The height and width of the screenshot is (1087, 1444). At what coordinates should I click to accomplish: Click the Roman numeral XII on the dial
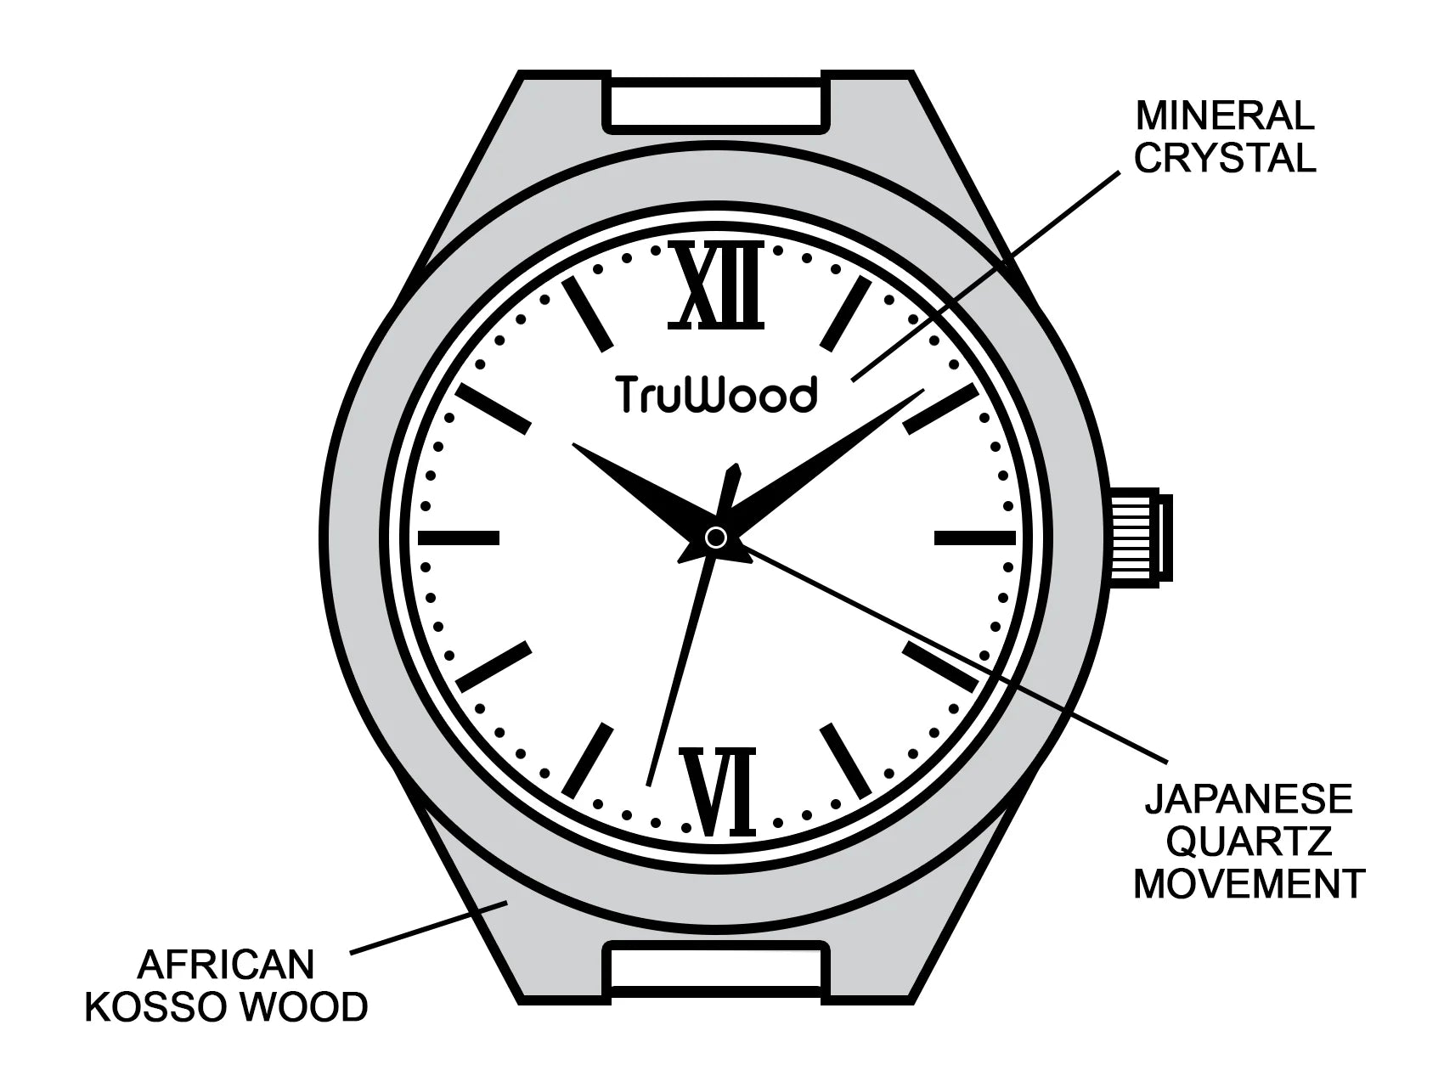point(716,285)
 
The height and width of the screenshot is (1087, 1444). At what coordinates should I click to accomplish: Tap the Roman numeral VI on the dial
point(723,791)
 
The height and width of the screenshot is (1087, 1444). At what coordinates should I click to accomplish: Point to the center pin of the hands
point(716,537)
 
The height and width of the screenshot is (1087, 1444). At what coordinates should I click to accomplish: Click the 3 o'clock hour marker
point(974,537)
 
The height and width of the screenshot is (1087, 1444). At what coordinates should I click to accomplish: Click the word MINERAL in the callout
point(1224,115)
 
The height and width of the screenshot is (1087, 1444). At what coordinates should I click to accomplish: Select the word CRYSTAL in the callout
point(1224,158)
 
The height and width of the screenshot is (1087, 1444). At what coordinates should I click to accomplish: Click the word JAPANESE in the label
point(1247,799)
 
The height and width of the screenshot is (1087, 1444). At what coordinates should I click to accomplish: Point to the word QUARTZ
point(1249,842)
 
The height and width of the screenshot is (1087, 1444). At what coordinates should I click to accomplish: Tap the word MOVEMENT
point(1249,884)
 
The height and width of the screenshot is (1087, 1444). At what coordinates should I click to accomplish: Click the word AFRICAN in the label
point(226,965)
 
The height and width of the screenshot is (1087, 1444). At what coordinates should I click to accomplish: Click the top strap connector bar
point(716,104)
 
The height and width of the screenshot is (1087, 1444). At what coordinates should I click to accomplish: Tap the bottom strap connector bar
point(716,971)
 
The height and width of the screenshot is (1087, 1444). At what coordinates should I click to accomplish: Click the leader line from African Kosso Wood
point(430,926)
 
